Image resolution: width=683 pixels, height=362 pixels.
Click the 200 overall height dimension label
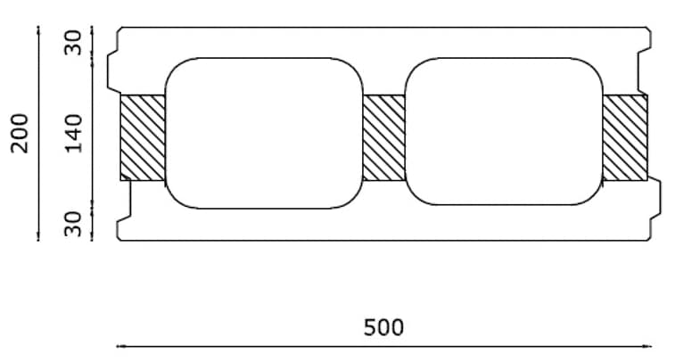click(x=19, y=134)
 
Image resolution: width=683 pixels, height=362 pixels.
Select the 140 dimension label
click(x=74, y=134)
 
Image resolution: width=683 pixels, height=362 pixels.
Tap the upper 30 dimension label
click(x=73, y=42)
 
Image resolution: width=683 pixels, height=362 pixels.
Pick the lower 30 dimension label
click(x=73, y=224)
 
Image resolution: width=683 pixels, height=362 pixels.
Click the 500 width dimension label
click(x=383, y=327)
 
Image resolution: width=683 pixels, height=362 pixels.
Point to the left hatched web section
click(x=143, y=137)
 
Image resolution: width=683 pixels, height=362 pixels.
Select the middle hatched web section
click(x=383, y=137)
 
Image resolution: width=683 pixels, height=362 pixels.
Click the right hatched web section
click(x=625, y=137)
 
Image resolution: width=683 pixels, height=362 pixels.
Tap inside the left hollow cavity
click(x=264, y=133)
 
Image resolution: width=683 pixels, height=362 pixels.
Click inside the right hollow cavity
click(x=504, y=131)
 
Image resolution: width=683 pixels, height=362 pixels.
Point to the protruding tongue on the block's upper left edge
click(x=113, y=72)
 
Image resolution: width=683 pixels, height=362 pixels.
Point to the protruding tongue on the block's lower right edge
click(x=654, y=198)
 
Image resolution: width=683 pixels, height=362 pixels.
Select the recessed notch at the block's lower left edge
click(x=124, y=201)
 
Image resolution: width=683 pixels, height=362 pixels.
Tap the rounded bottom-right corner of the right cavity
click(x=594, y=196)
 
